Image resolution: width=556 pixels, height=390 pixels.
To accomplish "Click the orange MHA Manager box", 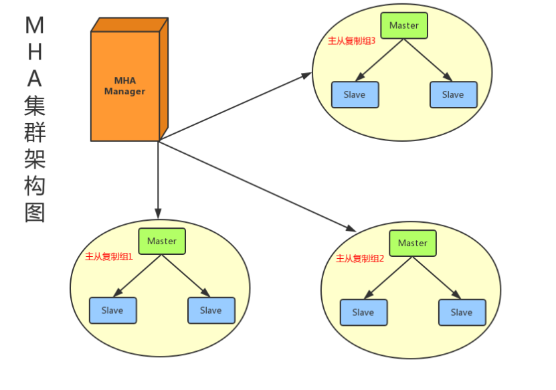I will tap(125, 86).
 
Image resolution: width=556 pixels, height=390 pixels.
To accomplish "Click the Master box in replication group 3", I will tap(404, 25).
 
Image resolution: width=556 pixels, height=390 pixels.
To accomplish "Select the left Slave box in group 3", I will tap(355, 95).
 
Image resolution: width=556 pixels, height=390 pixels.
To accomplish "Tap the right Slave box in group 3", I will tap(453, 95).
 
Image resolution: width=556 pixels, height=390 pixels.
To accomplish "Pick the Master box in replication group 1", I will tap(162, 241).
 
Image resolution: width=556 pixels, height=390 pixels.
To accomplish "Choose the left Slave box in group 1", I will tap(112, 310).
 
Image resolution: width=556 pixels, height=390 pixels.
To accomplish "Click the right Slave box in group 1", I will tap(211, 310).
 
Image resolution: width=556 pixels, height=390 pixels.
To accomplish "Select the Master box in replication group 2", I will tap(413, 243).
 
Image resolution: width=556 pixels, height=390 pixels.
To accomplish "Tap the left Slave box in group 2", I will tap(363, 312).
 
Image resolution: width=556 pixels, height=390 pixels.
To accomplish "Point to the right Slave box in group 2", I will tap(462, 312).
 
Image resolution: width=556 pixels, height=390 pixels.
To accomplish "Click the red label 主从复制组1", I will tap(109, 256).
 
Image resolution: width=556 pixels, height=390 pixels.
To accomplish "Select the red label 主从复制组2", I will tap(360, 258).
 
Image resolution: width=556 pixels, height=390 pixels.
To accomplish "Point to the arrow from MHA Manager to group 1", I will tap(159, 181).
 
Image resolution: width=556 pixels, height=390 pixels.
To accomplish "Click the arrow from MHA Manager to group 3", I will tap(234, 108).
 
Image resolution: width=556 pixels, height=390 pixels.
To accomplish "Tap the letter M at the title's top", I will tap(34, 25).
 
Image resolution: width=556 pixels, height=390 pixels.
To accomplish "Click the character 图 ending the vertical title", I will tap(34, 213).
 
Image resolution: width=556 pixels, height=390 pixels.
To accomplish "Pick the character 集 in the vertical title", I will tap(34, 106).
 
